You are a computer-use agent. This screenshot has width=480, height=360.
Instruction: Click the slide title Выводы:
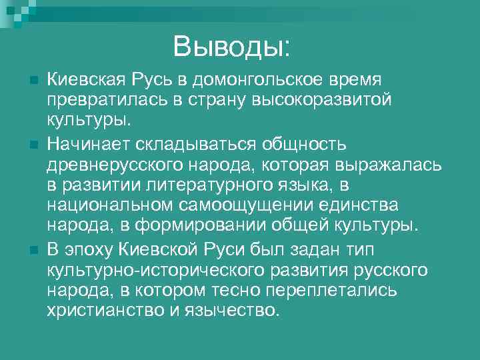(x=231, y=46)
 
